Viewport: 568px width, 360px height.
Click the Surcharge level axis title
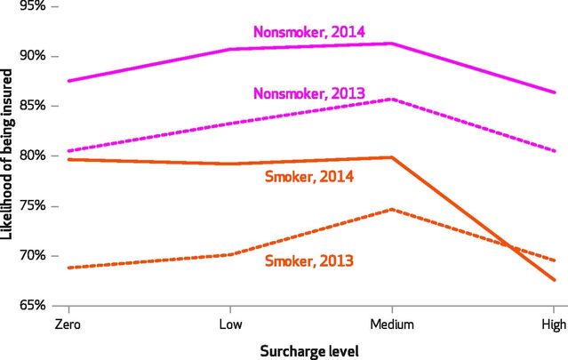point(310,349)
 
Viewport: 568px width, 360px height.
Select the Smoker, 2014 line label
point(309,176)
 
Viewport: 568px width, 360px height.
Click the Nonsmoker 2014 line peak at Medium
point(392,44)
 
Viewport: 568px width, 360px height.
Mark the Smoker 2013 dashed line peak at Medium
point(392,210)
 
